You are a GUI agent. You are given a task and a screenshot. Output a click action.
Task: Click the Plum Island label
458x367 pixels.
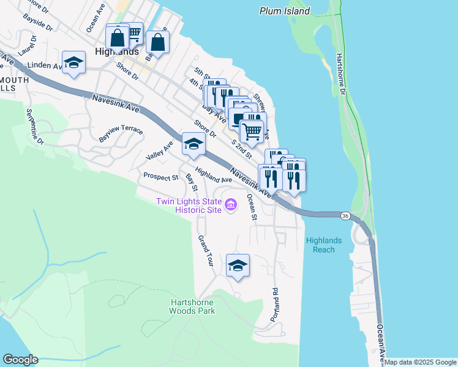tap(285, 11)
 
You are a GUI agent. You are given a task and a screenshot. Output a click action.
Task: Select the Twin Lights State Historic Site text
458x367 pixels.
tap(189, 206)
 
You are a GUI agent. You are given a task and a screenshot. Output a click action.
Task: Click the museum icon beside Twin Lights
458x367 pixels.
tap(231, 204)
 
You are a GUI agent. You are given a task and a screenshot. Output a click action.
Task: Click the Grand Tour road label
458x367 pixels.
tap(205, 251)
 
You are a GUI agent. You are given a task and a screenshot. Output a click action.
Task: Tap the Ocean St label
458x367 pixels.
tap(251, 206)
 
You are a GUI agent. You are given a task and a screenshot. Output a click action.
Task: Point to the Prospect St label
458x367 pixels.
tap(160, 177)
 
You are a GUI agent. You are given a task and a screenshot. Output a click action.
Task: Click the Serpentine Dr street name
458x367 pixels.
tap(35, 127)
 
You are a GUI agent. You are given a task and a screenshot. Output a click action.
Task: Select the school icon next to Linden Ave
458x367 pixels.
tap(74, 63)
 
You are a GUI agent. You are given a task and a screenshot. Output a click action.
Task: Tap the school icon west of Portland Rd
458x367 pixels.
tap(238, 265)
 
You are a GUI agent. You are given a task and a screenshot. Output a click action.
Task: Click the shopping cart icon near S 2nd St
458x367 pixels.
tap(251, 130)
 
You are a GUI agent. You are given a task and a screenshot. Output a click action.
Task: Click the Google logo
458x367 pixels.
tap(20, 359)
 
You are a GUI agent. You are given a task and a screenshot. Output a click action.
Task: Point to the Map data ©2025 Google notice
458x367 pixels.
tap(420, 362)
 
